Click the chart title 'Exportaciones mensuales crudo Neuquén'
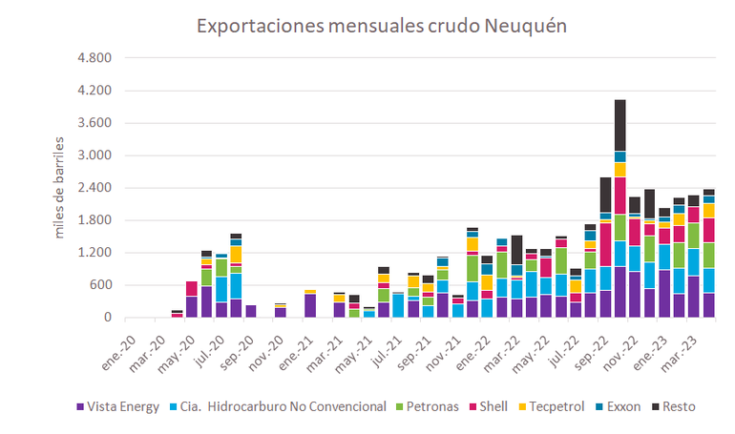pos(382,25)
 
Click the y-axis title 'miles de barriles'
pos(59,187)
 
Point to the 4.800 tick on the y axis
pos(93,58)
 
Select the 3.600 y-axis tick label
pos(93,123)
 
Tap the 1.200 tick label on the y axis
pos(93,253)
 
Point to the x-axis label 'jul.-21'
pos(392,346)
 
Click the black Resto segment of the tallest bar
pos(620,125)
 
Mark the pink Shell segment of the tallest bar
pos(620,196)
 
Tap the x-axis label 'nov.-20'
pos(277,346)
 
